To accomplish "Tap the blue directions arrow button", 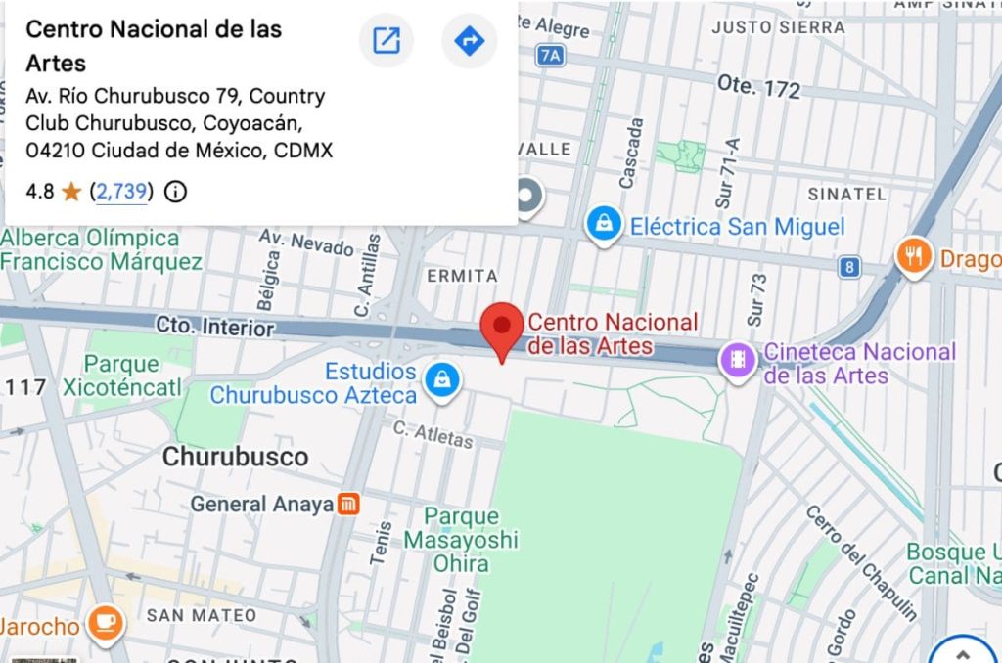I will pos(470,41).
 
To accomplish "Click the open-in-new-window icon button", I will pos(387,41).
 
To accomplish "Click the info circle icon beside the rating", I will pos(175,192).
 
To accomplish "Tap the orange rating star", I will pos(71,192).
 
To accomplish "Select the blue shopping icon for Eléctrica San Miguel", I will pos(605,225).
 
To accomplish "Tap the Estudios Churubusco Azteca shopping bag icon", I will pos(442,381).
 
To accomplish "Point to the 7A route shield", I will pos(551,56).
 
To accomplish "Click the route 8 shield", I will pos(851,266).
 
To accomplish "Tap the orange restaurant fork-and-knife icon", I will pos(914,257).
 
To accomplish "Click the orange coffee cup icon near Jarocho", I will pos(105,623).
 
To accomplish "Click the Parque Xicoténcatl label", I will pos(121,376).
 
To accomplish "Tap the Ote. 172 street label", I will pos(758,88).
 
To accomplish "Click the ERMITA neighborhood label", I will pos(463,277).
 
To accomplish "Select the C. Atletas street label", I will pos(433,434).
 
